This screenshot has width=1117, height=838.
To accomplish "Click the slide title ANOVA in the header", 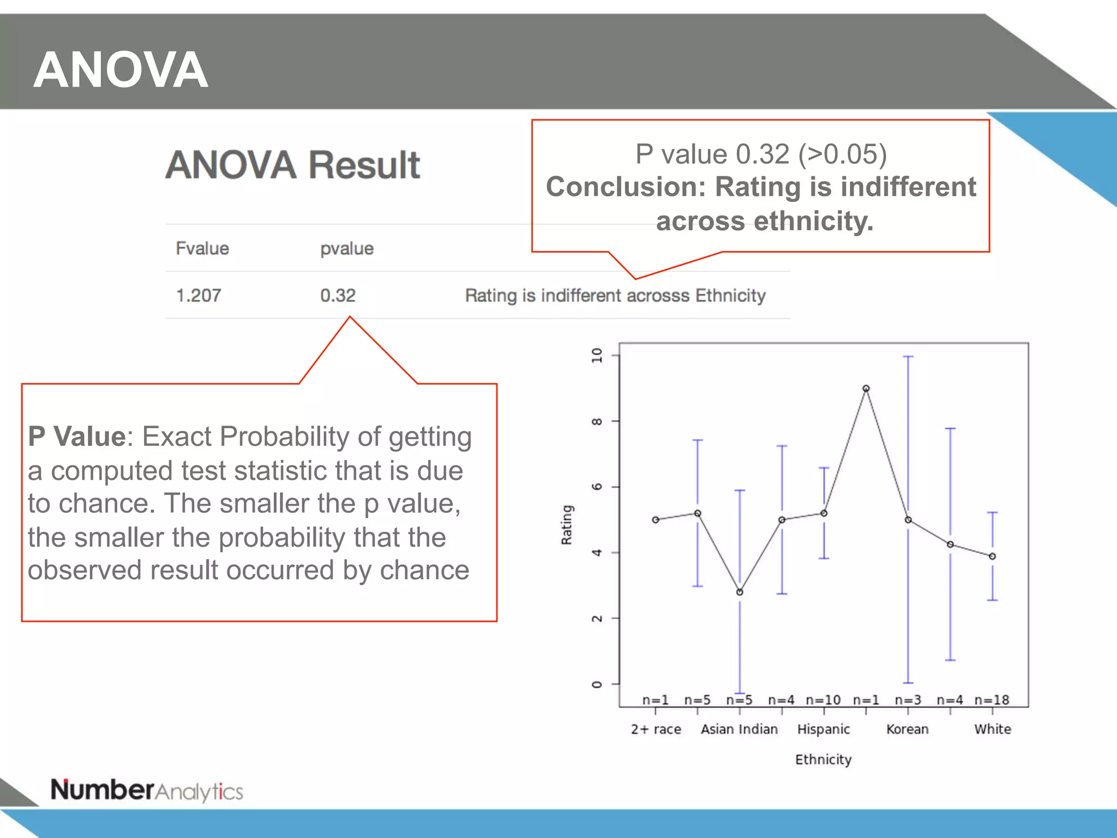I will pos(121,70).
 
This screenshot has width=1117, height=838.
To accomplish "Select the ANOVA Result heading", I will pos(293,165).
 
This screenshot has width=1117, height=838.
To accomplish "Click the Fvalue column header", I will pos(202,249).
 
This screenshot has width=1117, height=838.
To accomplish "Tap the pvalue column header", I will pos(347,249).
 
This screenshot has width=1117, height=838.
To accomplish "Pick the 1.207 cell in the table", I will pos(199,296).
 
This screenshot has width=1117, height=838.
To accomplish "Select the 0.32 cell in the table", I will pos(338,296).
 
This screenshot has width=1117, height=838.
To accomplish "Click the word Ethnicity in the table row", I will pos(730,296).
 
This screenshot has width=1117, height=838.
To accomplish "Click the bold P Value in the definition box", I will pos(77,436).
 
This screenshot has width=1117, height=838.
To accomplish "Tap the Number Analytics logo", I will pos(147,791).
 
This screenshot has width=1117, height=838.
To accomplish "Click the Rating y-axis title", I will pos(567,524).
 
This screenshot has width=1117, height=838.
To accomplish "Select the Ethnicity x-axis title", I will pos(823,759).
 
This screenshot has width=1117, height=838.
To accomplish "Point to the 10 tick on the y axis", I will pos(597,356).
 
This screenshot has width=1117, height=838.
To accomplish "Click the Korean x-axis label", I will pos(907,729).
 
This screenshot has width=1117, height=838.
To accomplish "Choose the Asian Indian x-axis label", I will pos(739,729).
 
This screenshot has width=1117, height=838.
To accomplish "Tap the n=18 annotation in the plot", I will pos(992,700).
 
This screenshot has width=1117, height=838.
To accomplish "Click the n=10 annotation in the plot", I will pos(823,700).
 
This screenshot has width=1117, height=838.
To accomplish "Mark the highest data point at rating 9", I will pos(866,388).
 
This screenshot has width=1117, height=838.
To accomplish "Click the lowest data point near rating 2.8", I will pos(740,592).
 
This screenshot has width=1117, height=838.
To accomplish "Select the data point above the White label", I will pos(993,556).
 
